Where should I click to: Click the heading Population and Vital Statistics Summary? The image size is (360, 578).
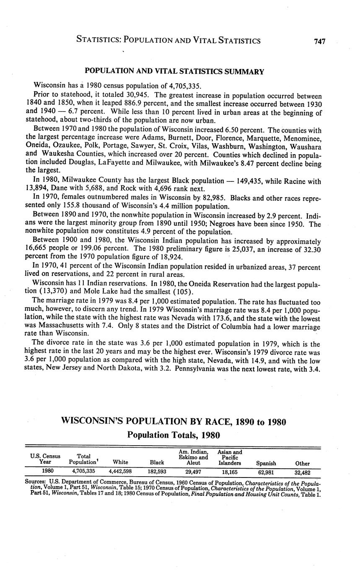[174, 71]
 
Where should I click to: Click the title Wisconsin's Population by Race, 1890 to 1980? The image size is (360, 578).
[174, 421]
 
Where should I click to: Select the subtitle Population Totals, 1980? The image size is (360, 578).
[174, 435]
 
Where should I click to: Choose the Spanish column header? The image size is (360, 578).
[266, 463]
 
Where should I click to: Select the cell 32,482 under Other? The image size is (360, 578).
[302, 472]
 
